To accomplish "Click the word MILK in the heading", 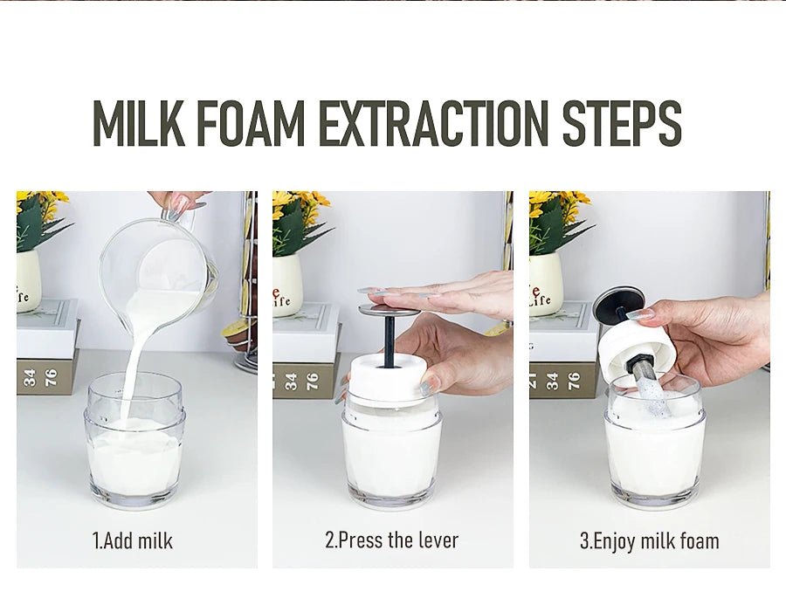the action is point(138,124).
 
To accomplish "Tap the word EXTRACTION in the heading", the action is point(433,124).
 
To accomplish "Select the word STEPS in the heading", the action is point(622,124).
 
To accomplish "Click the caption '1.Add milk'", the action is point(133,541).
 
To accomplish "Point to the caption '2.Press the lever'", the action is point(392,540).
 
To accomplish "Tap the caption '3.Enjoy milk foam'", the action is point(650,541).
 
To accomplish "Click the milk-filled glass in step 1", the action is point(134,440).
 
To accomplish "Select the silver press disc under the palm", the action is point(389,308).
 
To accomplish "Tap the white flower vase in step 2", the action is point(287,285).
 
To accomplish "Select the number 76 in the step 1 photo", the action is point(51,377).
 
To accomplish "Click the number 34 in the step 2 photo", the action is point(291,381).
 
